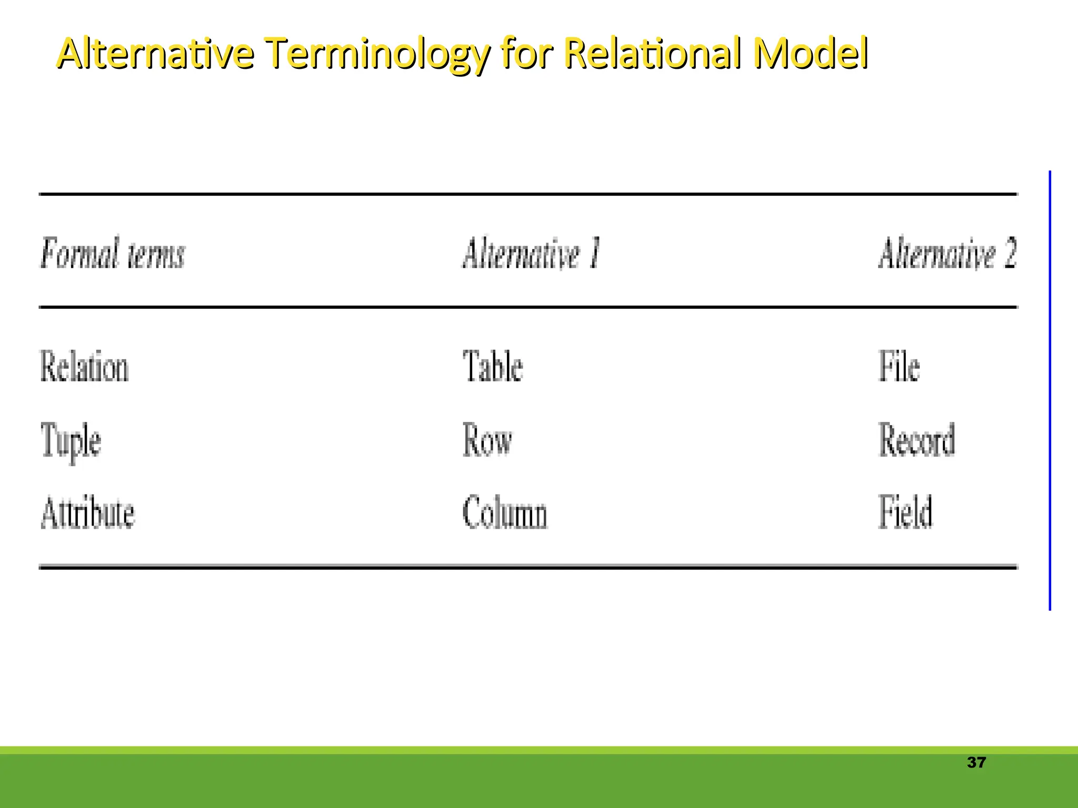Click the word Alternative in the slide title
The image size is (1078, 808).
pyautogui.click(x=155, y=53)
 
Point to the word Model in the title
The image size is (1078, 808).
pyautogui.click(x=810, y=53)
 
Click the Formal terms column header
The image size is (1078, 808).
pyautogui.click(x=113, y=254)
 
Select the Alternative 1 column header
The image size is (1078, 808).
pyautogui.click(x=531, y=254)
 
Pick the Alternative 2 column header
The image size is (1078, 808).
pyautogui.click(x=947, y=254)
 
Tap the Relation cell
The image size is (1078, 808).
pyautogui.click(x=84, y=367)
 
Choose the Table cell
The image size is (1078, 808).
pyautogui.click(x=493, y=367)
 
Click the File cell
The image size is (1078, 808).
pyautogui.click(x=899, y=367)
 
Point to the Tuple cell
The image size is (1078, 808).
pyautogui.click(x=71, y=441)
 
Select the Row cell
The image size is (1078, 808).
pyautogui.click(x=487, y=440)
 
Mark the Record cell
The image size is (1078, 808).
pyautogui.click(x=916, y=440)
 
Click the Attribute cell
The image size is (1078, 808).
pyautogui.click(x=88, y=512)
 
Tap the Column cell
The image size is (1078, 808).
pyautogui.click(x=505, y=512)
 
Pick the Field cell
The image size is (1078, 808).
pyautogui.click(x=905, y=512)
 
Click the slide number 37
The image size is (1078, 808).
pyautogui.click(x=976, y=763)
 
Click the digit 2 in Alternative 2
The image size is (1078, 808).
pyautogui.click(x=1010, y=254)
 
